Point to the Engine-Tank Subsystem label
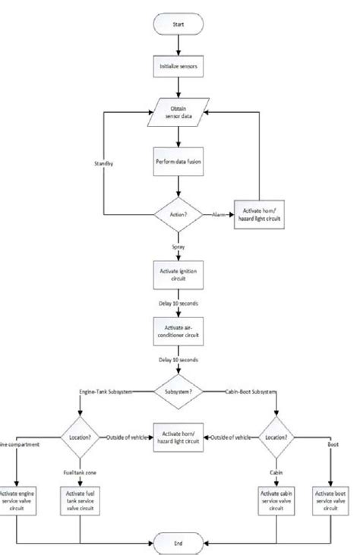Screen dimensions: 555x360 pos(106,392)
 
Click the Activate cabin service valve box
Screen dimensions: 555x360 pos(276,501)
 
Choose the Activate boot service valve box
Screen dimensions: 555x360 pos(332,501)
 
